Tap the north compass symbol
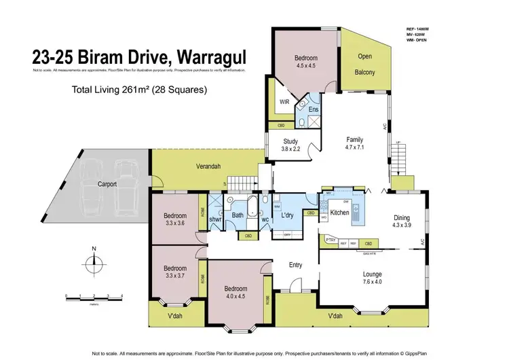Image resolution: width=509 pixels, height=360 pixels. [94, 260]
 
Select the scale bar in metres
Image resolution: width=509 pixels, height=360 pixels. [94, 298]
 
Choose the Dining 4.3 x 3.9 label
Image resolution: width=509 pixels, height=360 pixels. [402, 221]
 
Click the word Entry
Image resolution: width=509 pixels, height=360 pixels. [296, 265]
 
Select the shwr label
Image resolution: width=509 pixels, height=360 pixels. [216, 219]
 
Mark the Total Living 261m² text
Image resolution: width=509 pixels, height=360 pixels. [140, 89]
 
